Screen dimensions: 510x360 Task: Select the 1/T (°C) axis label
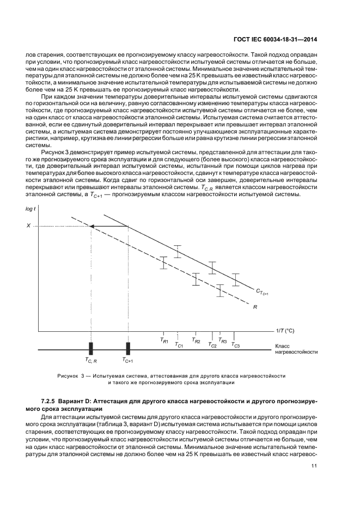285,331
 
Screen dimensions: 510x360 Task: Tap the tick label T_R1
163,339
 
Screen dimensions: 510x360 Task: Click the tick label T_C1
179,344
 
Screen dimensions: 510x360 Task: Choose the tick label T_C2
212,345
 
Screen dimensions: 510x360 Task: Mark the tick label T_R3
222,339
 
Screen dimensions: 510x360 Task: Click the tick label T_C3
235,344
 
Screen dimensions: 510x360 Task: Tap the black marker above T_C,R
91,349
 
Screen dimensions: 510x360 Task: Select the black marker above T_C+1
128,349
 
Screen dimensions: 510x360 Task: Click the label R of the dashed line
255,307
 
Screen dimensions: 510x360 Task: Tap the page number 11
314,465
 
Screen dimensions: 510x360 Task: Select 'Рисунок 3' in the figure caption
70,376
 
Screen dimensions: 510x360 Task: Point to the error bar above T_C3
235,280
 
